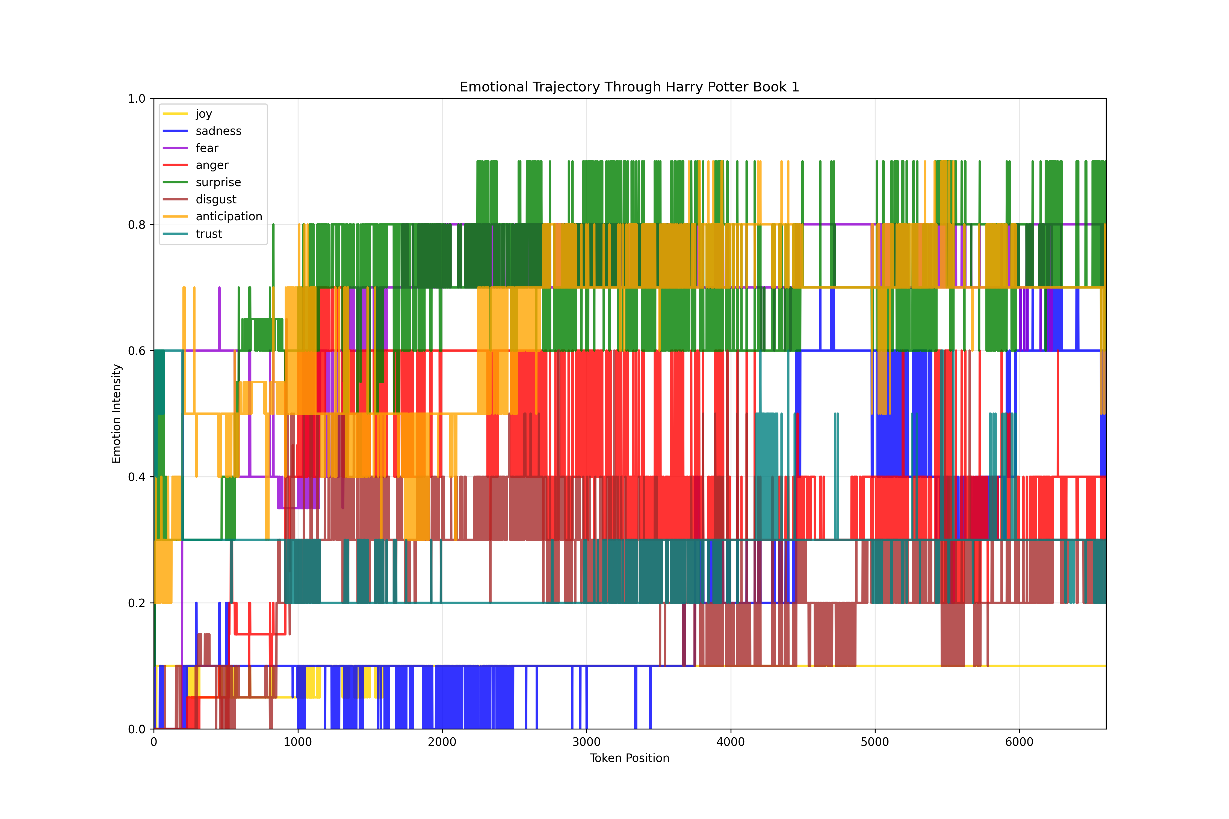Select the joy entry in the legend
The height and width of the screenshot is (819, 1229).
click(x=204, y=114)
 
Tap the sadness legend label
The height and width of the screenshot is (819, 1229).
click(x=218, y=131)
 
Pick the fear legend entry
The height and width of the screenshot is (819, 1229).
click(x=207, y=148)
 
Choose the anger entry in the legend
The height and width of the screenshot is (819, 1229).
click(x=212, y=165)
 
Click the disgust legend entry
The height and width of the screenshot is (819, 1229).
click(x=216, y=200)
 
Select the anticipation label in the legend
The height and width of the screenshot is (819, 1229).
click(x=229, y=216)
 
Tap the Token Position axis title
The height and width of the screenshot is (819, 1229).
click(x=629, y=758)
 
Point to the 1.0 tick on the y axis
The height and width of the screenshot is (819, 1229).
click(x=137, y=99)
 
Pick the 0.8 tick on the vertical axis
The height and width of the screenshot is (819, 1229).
click(x=137, y=225)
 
